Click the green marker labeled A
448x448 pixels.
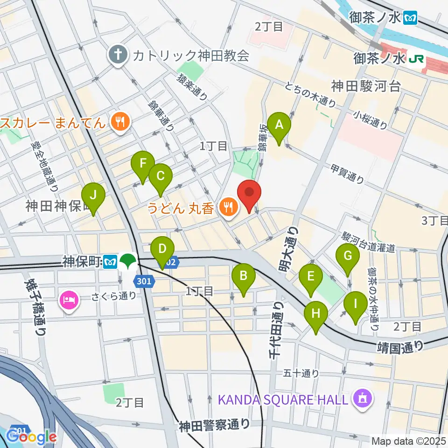pyautogui.click(x=279, y=125)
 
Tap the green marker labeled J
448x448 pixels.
pyautogui.click(x=93, y=196)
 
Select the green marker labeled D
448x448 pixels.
pyautogui.click(x=162, y=249)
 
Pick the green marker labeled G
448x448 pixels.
pyautogui.click(x=348, y=256)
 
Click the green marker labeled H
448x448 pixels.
pyautogui.click(x=316, y=314)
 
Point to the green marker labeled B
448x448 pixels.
pyautogui.click(x=244, y=276)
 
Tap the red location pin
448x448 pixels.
pyautogui.click(x=249, y=192)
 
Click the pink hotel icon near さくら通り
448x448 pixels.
pyautogui.click(x=69, y=299)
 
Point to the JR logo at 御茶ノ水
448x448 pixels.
pyautogui.click(x=413, y=59)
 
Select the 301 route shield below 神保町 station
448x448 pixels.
pyautogui.click(x=144, y=281)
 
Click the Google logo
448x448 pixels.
pyautogui.click(x=31, y=437)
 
